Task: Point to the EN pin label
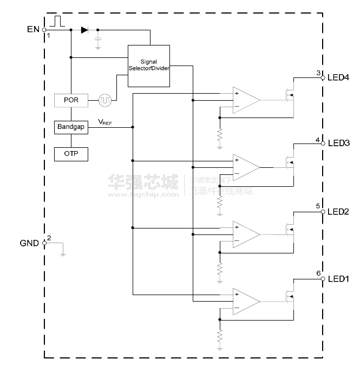[x=33, y=29]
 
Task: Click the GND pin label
[x=30, y=243]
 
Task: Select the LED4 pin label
[x=338, y=77]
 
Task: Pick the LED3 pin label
[x=338, y=143]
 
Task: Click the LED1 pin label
[x=338, y=279]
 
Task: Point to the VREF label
[x=105, y=123]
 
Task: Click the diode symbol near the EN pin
[x=84, y=30]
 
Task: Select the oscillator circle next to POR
[x=105, y=100]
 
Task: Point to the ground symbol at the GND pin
[x=63, y=251]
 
